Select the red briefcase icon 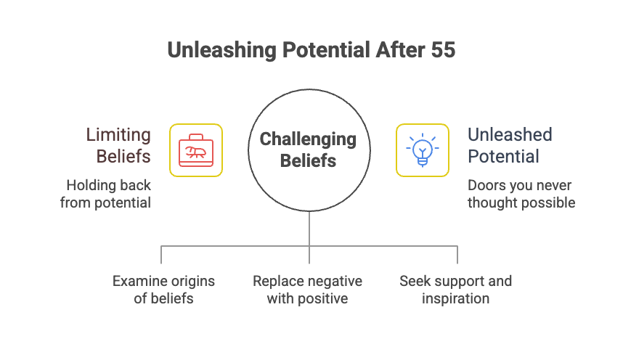196,150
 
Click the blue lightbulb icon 422,150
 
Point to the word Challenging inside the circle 309,139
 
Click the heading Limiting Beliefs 118,145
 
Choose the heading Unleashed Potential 510,145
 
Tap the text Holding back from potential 106,193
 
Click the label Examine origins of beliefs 164,290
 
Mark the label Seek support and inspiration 455,290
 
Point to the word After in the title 396,50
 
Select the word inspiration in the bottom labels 455,298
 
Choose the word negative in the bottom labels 333,281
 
